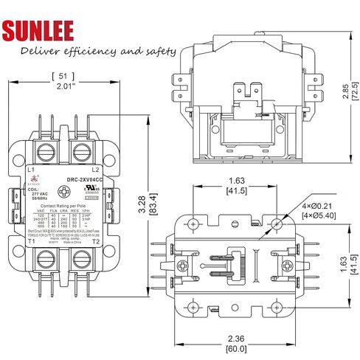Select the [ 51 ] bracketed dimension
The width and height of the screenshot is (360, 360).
click(x=64, y=76)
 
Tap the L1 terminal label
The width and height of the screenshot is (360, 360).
click(x=31, y=170)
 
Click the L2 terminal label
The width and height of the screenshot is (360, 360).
click(x=96, y=170)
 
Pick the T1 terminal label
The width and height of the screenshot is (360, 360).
click(x=31, y=241)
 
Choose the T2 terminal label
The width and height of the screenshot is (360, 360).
click(x=96, y=241)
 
